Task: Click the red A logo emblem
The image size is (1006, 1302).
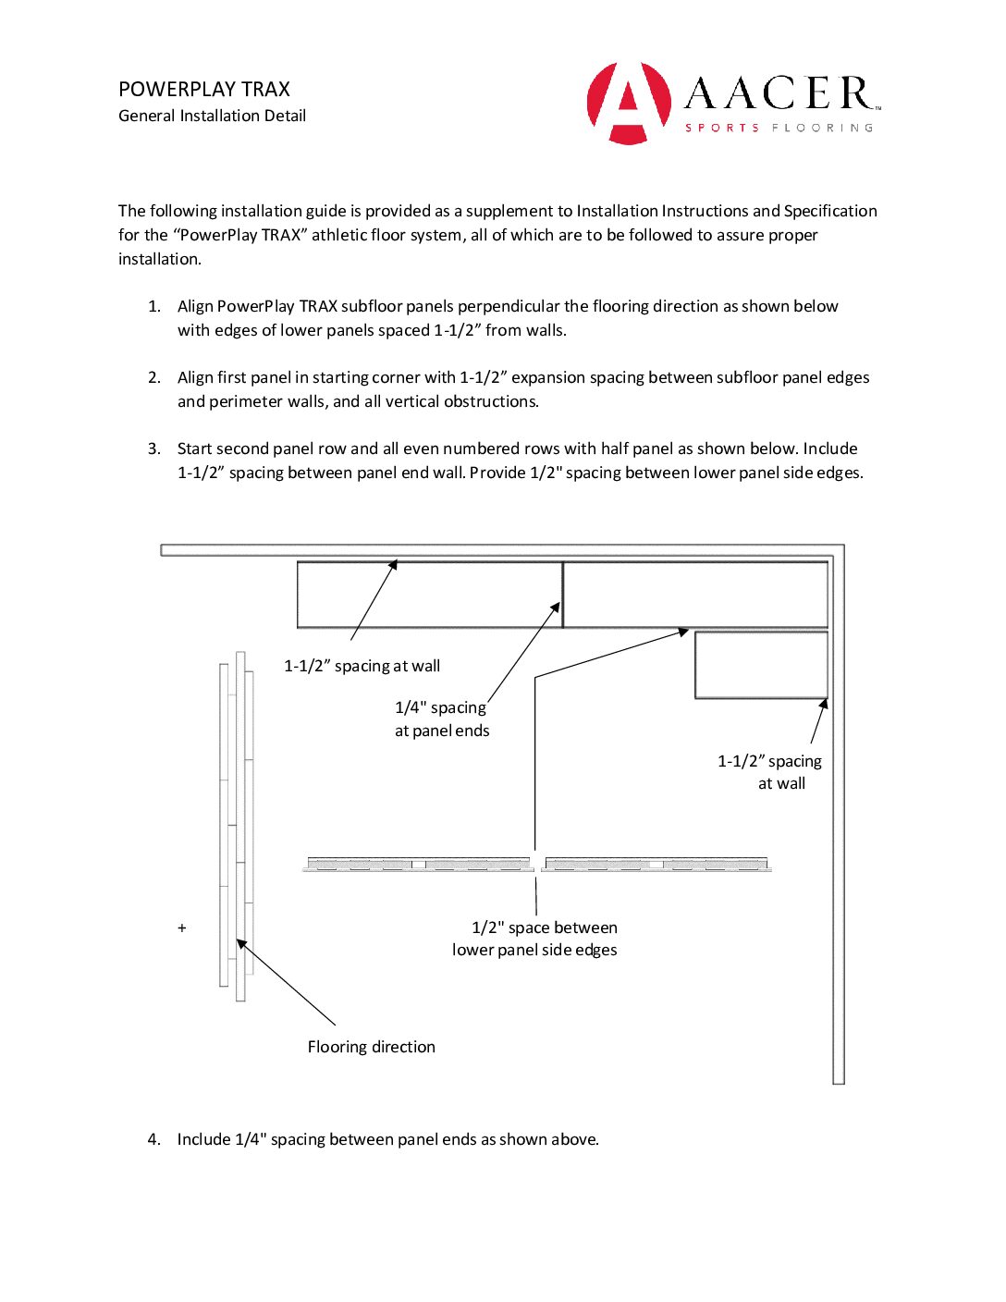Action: click(629, 103)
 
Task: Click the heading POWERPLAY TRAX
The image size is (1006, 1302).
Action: click(204, 90)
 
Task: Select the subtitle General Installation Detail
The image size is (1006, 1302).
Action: click(212, 116)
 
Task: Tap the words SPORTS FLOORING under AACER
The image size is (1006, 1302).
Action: click(779, 128)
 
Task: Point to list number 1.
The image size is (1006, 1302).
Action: click(154, 306)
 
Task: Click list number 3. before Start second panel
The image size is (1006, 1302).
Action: click(154, 448)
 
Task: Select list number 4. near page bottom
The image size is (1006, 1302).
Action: click(154, 1139)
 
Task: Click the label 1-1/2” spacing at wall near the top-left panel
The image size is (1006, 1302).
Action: click(362, 666)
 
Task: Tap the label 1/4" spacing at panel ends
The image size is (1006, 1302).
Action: click(442, 719)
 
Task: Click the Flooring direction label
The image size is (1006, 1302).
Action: click(371, 1047)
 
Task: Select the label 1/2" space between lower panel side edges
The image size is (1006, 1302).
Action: click(534, 939)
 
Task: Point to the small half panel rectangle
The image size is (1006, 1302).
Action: click(761, 665)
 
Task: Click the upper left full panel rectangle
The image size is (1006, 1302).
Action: click(430, 595)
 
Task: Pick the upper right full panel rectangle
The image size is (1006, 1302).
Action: click(695, 595)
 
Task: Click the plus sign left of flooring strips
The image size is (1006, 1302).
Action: click(182, 927)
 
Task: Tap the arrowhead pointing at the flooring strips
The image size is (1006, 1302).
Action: click(240, 942)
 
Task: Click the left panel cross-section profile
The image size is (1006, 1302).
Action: click(418, 864)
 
